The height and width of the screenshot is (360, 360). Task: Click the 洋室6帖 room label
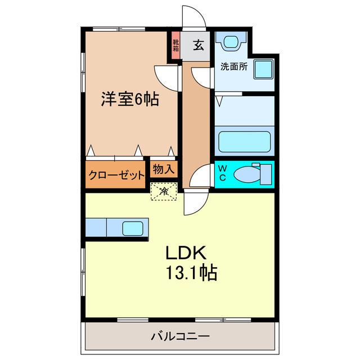coord(129,100)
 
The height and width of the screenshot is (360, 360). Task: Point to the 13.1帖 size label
coord(191,273)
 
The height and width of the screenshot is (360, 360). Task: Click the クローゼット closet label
coord(116,174)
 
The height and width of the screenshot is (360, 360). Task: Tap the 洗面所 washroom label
coord(234,66)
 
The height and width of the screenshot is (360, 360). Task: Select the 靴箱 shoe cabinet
coord(176,45)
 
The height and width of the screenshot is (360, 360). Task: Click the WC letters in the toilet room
coord(222,173)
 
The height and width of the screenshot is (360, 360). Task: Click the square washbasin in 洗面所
coord(263,69)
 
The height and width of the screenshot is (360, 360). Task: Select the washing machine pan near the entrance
coord(232,42)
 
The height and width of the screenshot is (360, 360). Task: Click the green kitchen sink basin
coord(133,228)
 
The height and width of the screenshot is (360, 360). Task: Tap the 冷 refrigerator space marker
coord(164,192)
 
